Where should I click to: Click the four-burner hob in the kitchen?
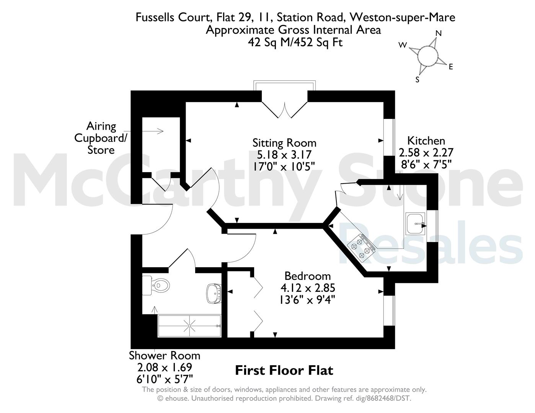361,248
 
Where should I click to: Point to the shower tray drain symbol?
189,326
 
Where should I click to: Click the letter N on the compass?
439,33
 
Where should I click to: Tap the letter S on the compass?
417,80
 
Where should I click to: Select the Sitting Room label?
284,143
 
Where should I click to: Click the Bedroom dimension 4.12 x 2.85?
308,288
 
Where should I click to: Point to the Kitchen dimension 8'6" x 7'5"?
426,164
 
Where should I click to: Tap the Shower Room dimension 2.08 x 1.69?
165,367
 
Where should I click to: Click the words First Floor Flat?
284,371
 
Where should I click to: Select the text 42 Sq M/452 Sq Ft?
295,42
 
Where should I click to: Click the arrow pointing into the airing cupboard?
143,131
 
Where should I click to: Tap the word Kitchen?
426,141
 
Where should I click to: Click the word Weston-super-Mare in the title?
403,17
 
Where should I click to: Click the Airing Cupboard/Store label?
101,138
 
